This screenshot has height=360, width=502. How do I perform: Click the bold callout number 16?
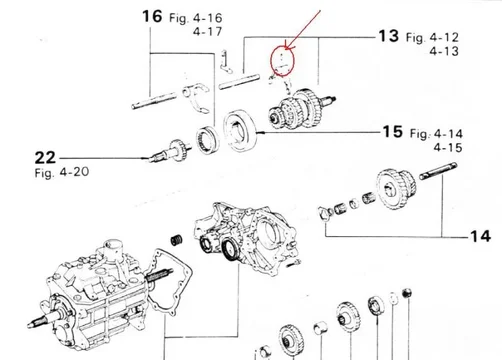[152, 16]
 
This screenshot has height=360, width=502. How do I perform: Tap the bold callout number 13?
[388, 36]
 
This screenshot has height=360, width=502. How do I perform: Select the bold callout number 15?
[393, 132]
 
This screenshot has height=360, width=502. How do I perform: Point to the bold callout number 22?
[45, 158]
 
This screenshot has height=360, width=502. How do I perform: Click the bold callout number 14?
[480, 236]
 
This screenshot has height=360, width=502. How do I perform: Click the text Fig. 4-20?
[62, 172]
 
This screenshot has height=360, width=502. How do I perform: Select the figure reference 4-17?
[207, 32]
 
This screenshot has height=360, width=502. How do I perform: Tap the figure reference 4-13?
[444, 51]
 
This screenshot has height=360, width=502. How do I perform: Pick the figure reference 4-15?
[448, 147]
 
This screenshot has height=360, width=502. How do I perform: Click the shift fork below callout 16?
[196, 97]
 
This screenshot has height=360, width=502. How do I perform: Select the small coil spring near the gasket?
[177, 240]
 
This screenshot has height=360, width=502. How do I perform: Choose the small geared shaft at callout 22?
[170, 152]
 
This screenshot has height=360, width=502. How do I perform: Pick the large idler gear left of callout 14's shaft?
[396, 189]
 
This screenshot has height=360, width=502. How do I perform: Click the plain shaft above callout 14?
[438, 171]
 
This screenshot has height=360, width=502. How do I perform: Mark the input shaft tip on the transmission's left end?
[31, 324]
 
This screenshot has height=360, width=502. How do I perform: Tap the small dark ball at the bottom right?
[407, 293]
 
